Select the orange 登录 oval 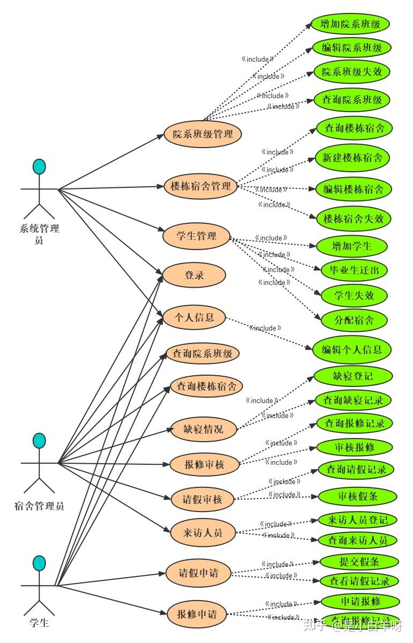tap(194, 275)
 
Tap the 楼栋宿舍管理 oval tap(201, 187)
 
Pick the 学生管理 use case tap(196, 236)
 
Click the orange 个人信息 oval tap(194, 317)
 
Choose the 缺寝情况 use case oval tap(203, 429)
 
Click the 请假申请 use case tap(198, 573)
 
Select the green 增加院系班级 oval tap(350, 24)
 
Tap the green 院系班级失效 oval tap(351, 71)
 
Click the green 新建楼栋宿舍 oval tap(352, 158)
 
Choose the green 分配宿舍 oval tap(353, 320)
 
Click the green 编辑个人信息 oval tap(352, 350)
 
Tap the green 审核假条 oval tap(357, 496)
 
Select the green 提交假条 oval tap(359, 562)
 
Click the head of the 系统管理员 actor tap(39, 167)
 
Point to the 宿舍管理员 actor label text tap(39, 506)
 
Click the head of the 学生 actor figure tap(39, 563)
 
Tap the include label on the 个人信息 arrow tap(265, 328)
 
